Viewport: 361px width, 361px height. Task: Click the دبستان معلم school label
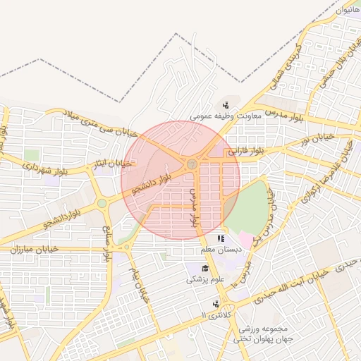221,249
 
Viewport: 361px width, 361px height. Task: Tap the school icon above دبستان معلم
221,239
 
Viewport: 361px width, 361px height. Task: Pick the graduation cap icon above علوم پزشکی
205,269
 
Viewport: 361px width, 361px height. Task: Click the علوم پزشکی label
205,279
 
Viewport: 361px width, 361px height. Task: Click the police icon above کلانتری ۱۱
205,303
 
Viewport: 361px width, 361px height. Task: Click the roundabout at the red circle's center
191,164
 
